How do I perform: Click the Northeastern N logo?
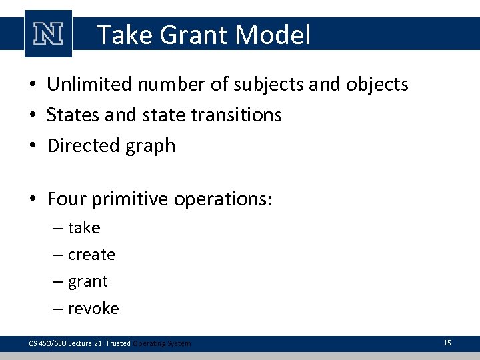(x=47, y=34)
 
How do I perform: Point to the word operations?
(x=225, y=200)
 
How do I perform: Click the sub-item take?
(x=84, y=228)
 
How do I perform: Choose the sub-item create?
(x=91, y=255)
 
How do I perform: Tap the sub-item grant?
(x=87, y=282)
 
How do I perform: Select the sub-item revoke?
(x=93, y=308)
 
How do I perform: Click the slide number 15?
(x=447, y=343)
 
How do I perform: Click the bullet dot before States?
(x=33, y=115)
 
